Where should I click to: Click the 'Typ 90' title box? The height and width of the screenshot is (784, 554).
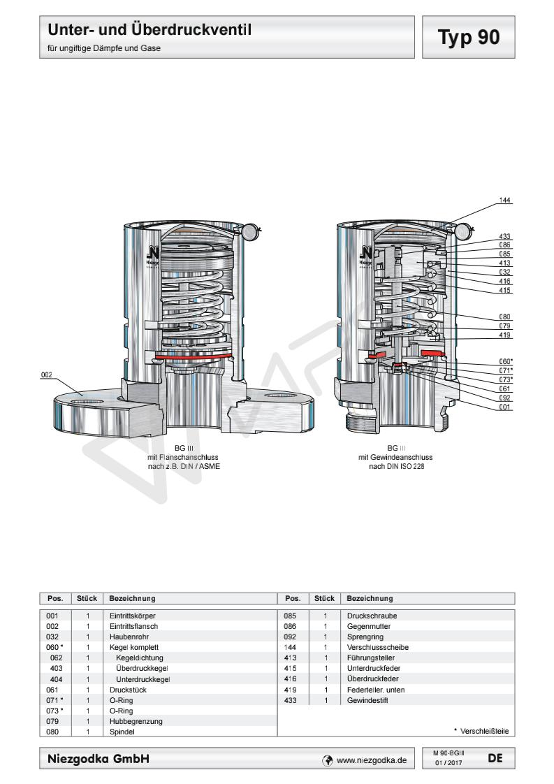point(469,37)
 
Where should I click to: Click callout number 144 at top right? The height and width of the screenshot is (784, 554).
point(504,200)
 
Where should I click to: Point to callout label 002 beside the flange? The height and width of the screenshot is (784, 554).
point(46,375)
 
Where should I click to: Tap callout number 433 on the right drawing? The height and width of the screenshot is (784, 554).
point(505,236)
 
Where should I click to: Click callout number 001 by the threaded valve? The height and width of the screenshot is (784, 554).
point(505,407)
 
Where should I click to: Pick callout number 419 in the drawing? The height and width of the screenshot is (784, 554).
point(505,335)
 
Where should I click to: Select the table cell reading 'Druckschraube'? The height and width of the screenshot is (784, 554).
point(372,616)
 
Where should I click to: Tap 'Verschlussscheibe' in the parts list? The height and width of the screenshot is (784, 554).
point(378,647)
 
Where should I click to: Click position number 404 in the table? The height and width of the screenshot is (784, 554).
point(57,678)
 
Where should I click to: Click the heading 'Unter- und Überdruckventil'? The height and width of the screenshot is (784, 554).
point(149,31)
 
